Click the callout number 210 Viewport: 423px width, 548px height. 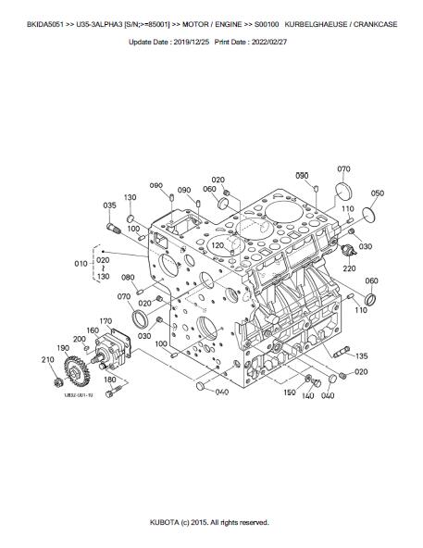(47, 359)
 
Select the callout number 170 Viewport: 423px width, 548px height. (106, 321)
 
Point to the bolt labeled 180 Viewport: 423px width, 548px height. (113, 392)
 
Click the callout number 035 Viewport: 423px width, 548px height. (109, 205)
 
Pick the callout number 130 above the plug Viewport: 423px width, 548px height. (130, 197)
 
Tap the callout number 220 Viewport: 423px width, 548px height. (349, 268)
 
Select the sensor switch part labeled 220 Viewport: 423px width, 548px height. (348, 250)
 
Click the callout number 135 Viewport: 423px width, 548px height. (362, 356)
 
